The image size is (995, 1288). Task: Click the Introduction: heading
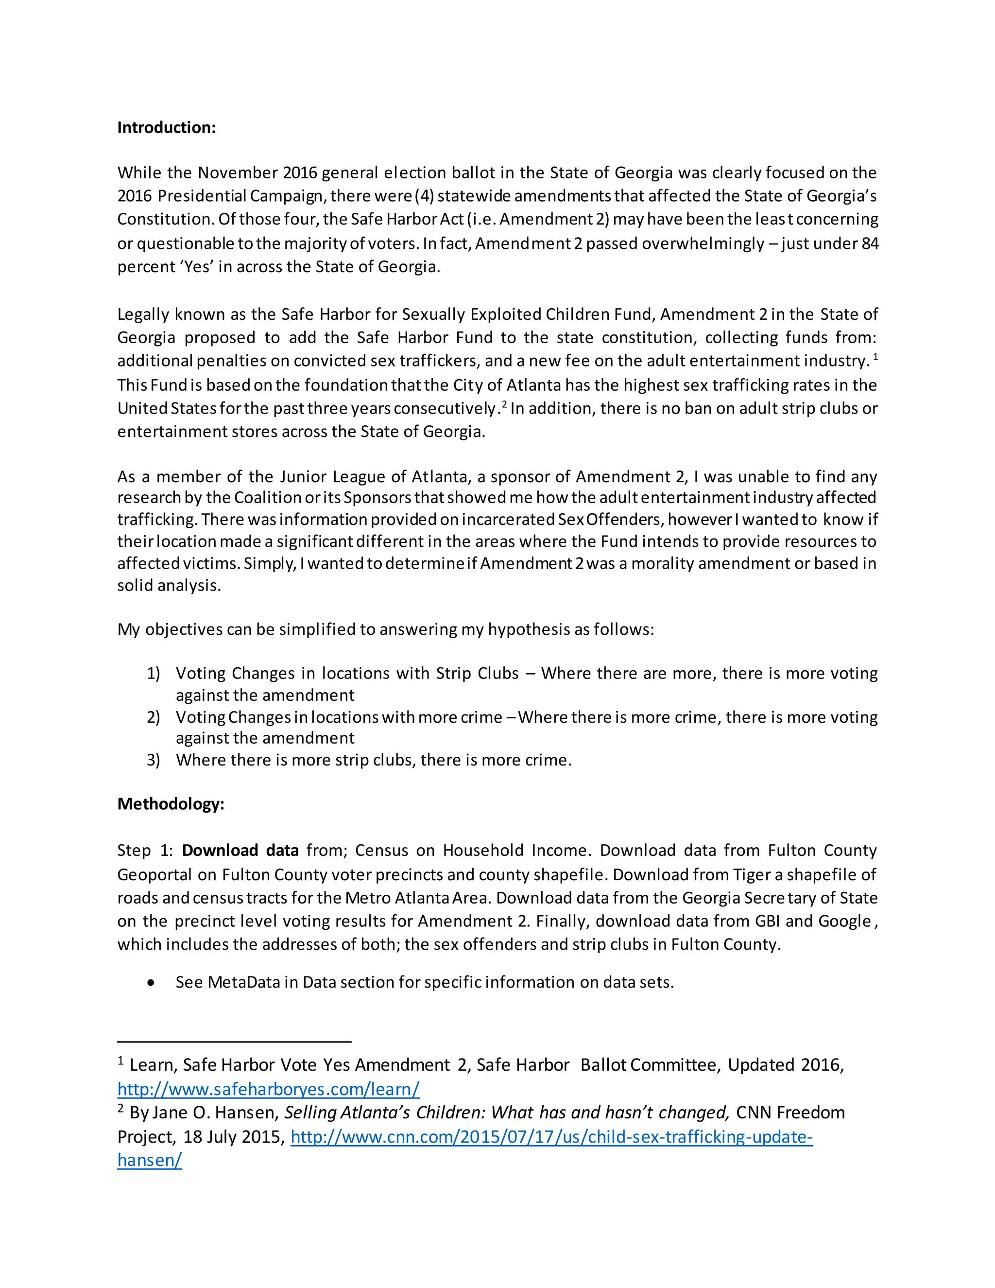(166, 127)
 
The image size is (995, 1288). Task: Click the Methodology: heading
(171, 804)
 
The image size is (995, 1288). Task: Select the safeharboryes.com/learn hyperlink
(268, 1089)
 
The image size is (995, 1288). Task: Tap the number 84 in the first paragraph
(870, 243)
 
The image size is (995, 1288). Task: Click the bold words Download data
(240, 851)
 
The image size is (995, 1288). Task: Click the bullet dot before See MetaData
(152, 982)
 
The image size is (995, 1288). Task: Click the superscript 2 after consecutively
(505, 404)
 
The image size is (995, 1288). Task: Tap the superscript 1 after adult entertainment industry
(875, 356)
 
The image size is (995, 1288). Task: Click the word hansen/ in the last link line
(149, 1160)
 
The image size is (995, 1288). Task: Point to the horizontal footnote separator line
(234, 1042)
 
